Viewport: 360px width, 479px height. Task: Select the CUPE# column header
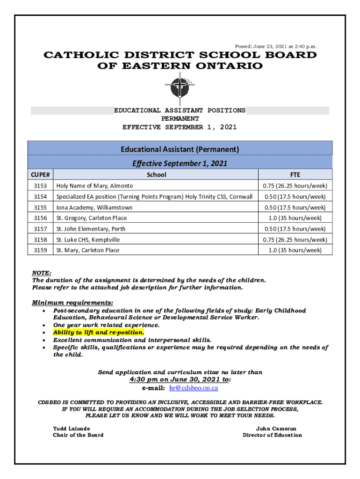click(41, 174)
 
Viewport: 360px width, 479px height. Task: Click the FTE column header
click(295, 174)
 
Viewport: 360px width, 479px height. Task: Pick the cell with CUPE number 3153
click(41, 186)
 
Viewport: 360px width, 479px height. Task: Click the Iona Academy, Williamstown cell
click(94, 207)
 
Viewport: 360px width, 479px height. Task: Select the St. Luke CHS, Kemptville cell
click(88, 239)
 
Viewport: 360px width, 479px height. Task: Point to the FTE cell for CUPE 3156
click(295, 218)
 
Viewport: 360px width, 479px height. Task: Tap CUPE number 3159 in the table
click(41, 250)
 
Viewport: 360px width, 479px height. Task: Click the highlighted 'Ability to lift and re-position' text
click(99, 332)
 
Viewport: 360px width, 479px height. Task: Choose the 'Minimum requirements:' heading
click(72, 303)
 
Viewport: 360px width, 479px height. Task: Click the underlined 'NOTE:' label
click(42, 273)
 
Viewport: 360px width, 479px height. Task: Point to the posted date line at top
click(275, 46)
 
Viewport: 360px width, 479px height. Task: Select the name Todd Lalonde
click(72, 428)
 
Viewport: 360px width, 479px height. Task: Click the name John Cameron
click(276, 428)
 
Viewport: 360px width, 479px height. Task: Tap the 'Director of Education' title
click(272, 435)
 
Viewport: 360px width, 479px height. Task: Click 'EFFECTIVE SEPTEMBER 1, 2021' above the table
click(180, 127)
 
